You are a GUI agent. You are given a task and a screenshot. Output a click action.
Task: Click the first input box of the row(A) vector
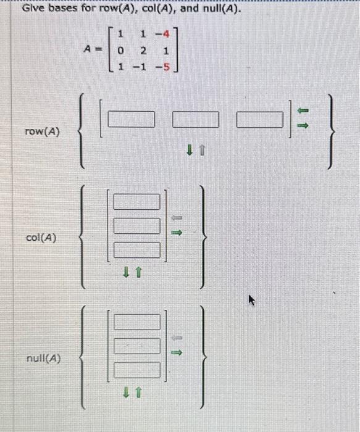click(x=133, y=118)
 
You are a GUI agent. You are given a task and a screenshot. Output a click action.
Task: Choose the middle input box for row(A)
click(x=195, y=118)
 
